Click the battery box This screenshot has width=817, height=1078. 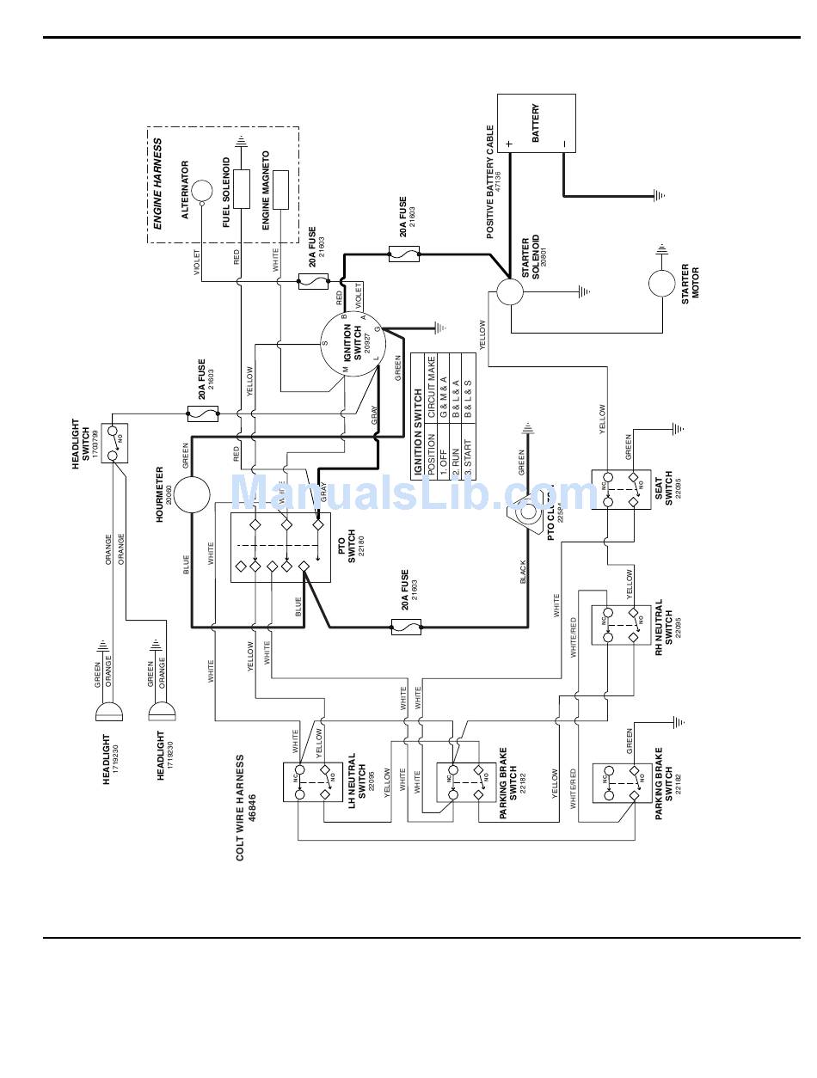coord(537,124)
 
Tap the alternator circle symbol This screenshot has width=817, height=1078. coord(200,191)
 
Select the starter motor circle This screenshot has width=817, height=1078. coord(662,282)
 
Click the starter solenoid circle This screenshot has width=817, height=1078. coord(509,291)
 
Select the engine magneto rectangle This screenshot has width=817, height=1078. coord(280,190)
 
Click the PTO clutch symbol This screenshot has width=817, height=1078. coord(525,512)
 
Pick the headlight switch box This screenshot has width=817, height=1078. coord(114,444)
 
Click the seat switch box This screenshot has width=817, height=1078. coord(621,489)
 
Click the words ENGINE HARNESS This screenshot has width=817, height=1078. coord(158,183)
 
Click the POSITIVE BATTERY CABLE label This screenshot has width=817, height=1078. coord(490,182)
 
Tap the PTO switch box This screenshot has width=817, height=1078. coord(280,546)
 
